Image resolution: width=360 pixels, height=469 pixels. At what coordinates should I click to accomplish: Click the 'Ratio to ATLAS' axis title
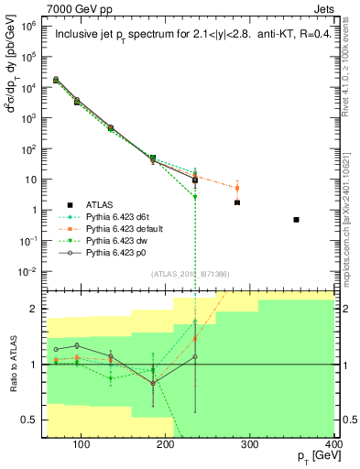tap(12, 365)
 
